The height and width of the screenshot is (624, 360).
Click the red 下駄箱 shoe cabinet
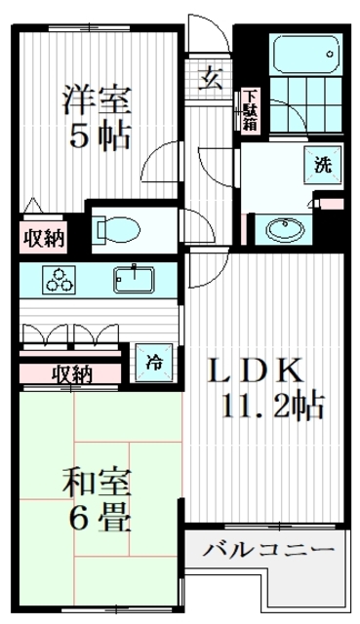tap(251, 110)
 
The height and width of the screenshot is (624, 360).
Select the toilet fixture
tap(118, 230)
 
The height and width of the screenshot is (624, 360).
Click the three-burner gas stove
tap(59, 280)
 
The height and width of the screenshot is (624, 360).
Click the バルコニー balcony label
tap(268, 551)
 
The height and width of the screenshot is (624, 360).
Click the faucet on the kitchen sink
tap(130, 270)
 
